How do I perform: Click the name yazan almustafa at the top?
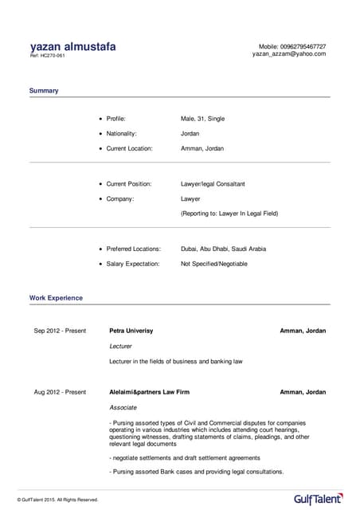(72, 46)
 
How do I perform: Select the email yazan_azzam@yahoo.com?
(289, 53)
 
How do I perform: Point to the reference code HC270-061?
(48, 56)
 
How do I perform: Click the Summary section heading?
(44, 91)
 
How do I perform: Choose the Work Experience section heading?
(56, 298)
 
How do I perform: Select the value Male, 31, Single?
(202, 119)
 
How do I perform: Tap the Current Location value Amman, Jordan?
(202, 148)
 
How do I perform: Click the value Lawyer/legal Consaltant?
(213, 184)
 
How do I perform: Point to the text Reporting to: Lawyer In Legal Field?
(229, 214)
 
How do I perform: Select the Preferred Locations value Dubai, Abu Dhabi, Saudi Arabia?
(223, 249)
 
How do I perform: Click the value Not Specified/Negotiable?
(213, 263)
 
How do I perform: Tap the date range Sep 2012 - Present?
(60, 330)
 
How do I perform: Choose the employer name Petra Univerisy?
(131, 330)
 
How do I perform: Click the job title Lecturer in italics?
(120, 346)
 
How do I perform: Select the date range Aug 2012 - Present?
(60, 392)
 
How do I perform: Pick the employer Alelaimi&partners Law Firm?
(149, 392)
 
